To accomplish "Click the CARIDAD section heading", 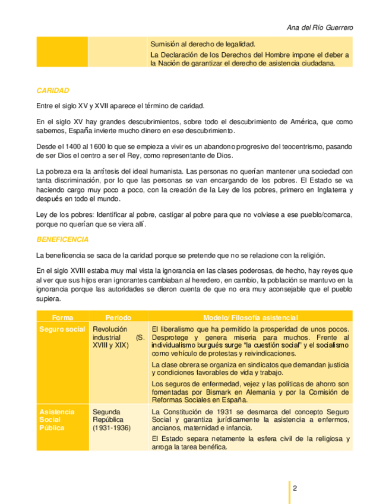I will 53,91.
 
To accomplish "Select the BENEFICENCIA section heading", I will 62,240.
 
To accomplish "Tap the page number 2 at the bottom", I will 295,488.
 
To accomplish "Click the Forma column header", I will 62,317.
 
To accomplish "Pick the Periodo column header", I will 118,317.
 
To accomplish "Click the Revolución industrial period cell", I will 118,337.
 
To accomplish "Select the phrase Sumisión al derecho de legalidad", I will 203,44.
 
